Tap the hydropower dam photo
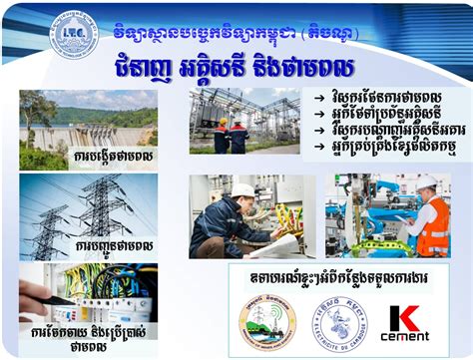click(84, 124)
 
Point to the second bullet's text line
click(383, 113)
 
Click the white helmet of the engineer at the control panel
click(242, 189)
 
